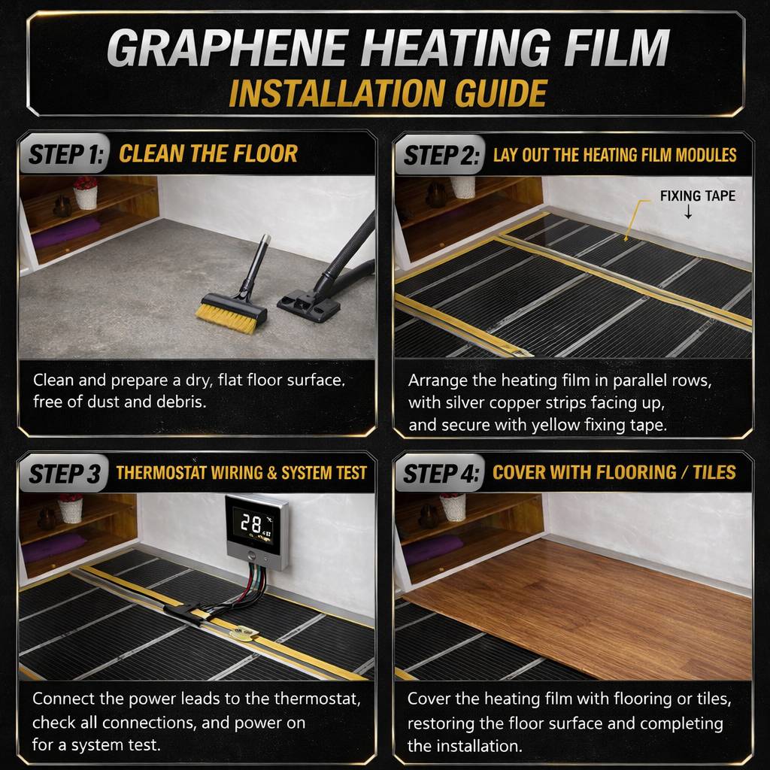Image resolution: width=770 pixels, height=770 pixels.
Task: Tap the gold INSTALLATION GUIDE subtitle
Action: pos(388,93)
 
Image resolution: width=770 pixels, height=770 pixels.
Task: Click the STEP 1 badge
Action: pos(65,153)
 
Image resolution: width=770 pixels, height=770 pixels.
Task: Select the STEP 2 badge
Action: pos(440,155)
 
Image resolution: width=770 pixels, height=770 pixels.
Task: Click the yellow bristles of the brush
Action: pos(226,319)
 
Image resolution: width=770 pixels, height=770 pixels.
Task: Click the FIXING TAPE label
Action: pos(697,196)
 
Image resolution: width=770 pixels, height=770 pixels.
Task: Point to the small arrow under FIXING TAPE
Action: pos(689,211)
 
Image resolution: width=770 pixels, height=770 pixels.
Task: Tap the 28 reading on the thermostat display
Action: pos(250,524)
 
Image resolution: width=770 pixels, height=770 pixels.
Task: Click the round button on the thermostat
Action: pos(252,556)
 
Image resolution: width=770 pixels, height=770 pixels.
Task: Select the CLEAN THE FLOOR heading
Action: pos(208,153)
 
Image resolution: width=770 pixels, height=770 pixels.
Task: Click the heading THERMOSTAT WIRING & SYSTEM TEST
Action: pos(241,473)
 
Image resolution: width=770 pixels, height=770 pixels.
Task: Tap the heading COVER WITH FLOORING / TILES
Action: pos(614,472)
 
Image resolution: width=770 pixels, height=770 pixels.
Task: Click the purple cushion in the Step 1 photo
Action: pos(66,233)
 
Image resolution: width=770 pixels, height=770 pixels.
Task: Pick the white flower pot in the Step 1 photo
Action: pos(86,198)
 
